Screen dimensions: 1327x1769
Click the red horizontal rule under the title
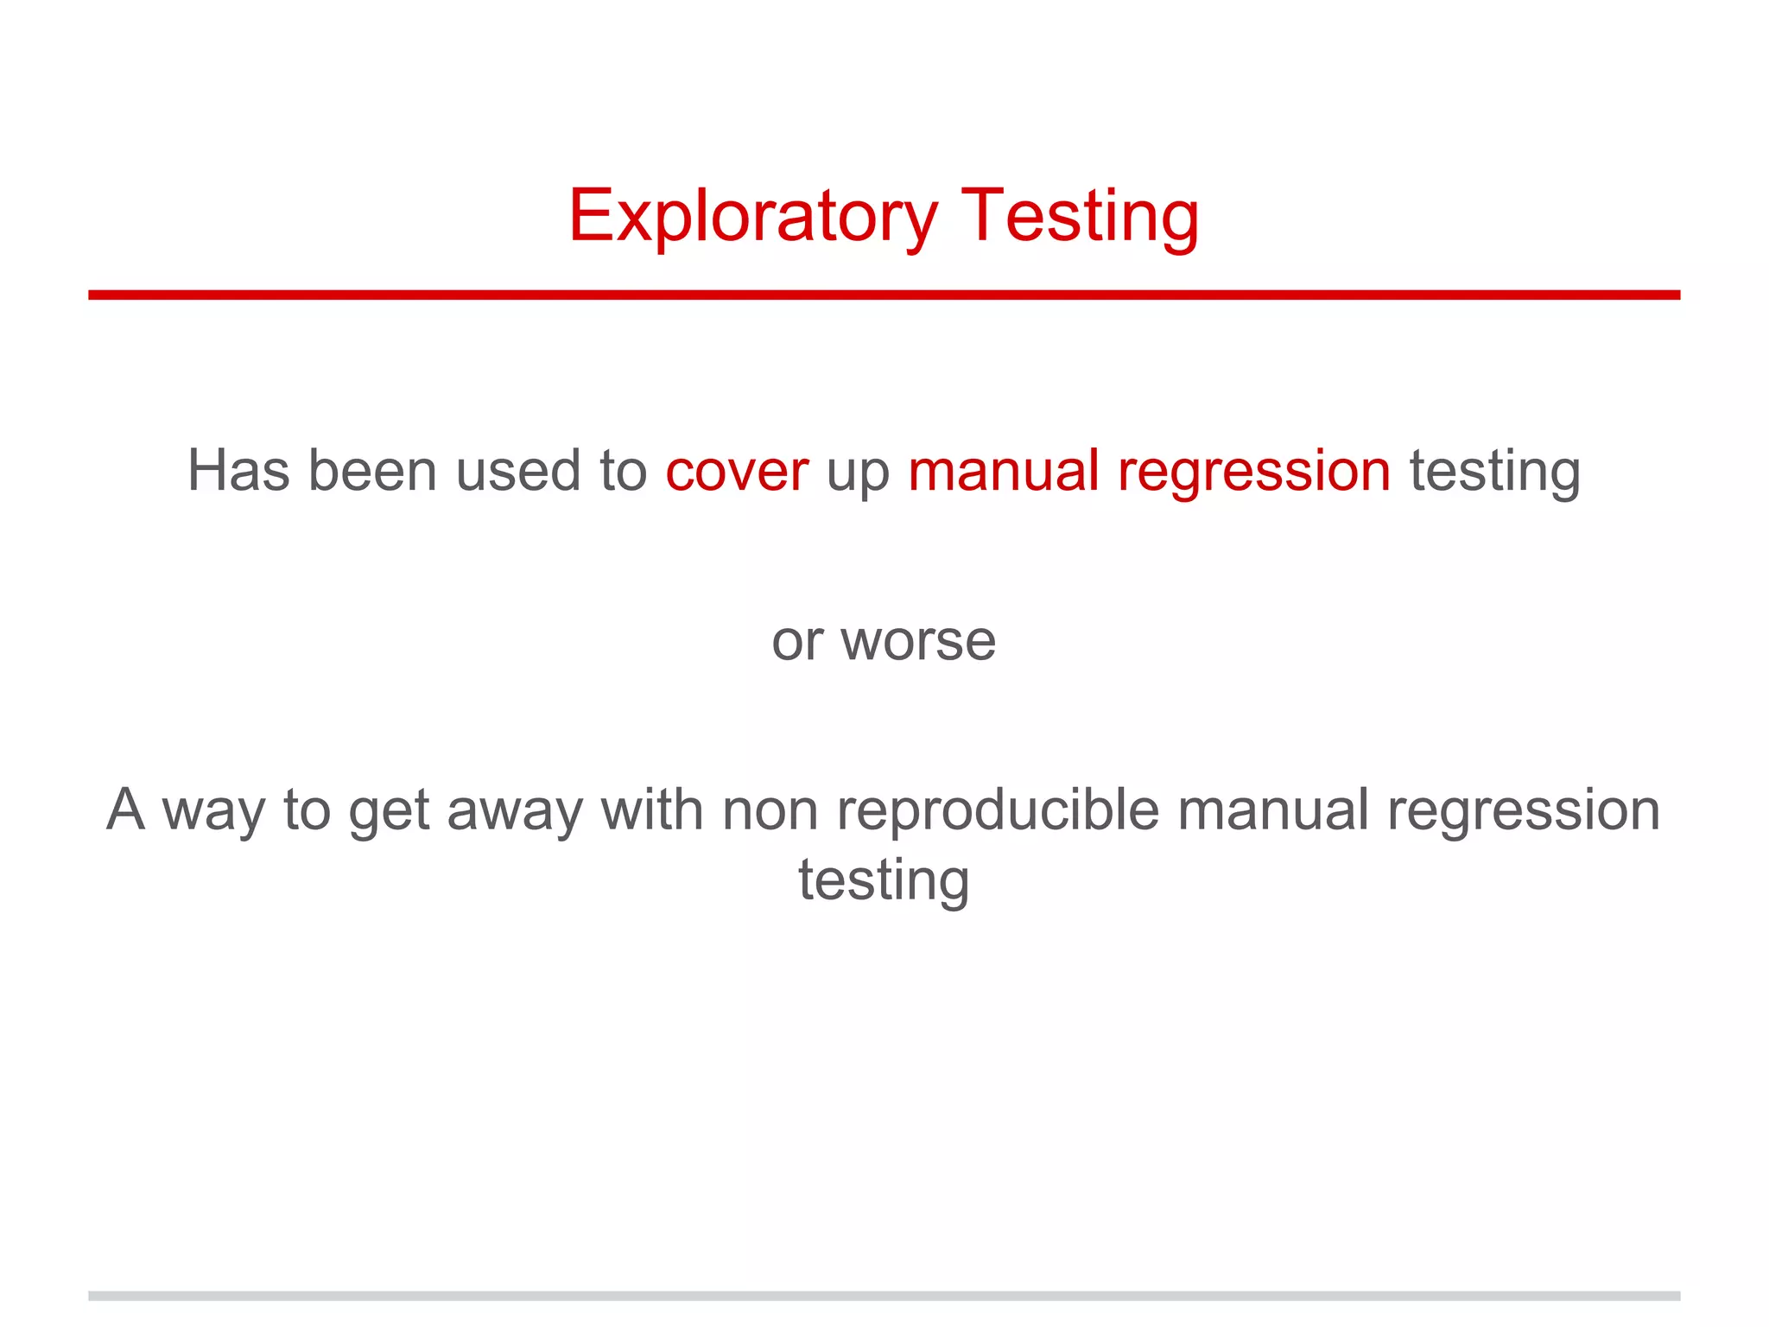tap(884, 295)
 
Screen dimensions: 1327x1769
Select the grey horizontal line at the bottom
tap(884, 1296)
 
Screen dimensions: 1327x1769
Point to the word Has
tap(238, 471)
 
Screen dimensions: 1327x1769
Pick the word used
tap(517, 471)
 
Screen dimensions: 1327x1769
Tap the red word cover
tap(737, 471)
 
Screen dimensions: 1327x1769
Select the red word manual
tap(1003, 471)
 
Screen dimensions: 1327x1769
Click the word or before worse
tap(797, 641)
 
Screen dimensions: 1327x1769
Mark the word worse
tap(918, 641)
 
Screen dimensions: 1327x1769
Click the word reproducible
tap(999, 810)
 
